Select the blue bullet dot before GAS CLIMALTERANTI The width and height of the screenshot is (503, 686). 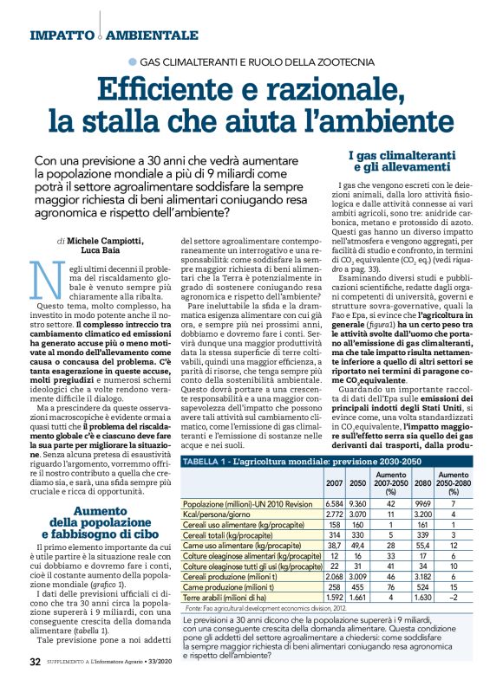[x=132, y=61]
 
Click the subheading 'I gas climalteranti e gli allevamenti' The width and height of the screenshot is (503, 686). [x=395, y=160]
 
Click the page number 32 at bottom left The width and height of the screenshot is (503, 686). [x=35, y=663]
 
